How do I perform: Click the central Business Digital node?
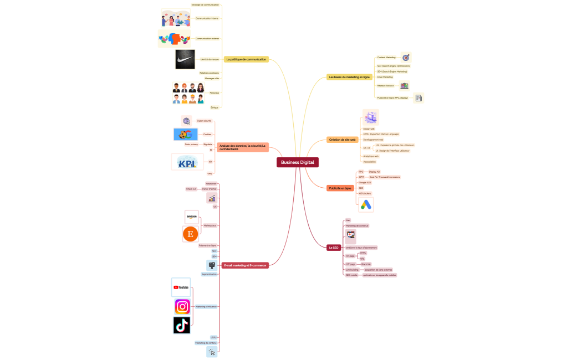click(298, 162)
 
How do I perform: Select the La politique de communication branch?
click(246, 59)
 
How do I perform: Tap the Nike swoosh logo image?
click(185, 59)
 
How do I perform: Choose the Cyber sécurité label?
click(204, 120)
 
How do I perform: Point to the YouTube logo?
click(181, 287)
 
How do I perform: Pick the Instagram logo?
click(182, 306)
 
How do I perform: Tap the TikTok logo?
click(181, 326)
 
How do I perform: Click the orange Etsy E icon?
click(191, 234)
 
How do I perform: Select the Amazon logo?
click(191, 217)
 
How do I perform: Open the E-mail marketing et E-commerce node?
click(245, 265)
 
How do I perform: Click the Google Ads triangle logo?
click(366, 204)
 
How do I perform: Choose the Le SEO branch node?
click(333, 248)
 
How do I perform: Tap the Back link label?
click(366, 264)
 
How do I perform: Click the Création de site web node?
click(342, 140)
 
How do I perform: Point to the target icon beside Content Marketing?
click(406, 57)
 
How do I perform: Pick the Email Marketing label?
click(385, 77)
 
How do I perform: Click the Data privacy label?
click(191, 144)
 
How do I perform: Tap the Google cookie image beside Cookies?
click(186, 134)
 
